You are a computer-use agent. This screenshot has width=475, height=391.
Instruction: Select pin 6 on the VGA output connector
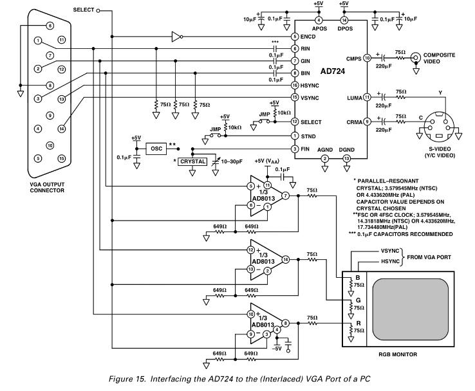pos(50,26)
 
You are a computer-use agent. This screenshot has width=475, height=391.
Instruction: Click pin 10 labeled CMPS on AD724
pos(367,58)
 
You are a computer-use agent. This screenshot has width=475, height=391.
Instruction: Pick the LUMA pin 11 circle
pos(367,97)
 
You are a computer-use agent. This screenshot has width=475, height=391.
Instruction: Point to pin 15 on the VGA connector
pos(61,158)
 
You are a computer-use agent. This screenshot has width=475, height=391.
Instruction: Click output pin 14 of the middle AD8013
pos(284,259)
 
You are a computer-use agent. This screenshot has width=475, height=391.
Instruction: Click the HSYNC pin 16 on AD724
pos(294,85)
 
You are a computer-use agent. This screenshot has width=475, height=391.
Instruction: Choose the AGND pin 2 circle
pos(325,158)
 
